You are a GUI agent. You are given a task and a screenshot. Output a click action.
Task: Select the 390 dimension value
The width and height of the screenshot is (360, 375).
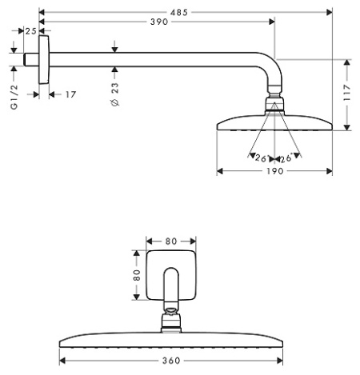point(158,22)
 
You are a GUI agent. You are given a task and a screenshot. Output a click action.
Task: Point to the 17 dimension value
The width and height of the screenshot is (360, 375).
point(70,94)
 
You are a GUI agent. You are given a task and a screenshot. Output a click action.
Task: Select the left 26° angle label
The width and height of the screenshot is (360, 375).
point(260,158)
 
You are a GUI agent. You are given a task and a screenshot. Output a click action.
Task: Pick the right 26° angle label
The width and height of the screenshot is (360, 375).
point(285,158)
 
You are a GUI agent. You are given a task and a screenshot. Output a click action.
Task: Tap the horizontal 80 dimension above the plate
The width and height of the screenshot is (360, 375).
point(170,240)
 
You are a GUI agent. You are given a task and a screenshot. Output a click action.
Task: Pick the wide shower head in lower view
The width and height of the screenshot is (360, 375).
point(170,338)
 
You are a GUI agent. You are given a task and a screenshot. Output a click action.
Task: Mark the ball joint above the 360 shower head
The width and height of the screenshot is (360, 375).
point(170,321)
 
